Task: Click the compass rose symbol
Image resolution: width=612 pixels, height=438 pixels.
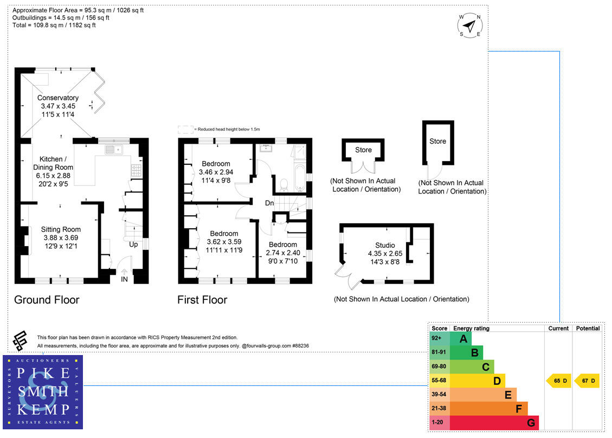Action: tap(470, 25)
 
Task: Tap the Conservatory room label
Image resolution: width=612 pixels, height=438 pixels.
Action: tap(57, 98)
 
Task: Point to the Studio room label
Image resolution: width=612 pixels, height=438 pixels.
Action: tap(385, 245)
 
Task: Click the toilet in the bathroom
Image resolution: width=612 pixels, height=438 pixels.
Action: tap(282, 184)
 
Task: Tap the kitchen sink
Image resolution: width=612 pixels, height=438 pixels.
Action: tap(115, 149)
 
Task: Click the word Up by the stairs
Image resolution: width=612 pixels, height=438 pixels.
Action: tap(133, 244)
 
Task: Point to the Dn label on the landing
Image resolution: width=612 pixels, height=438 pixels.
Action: tap(269, 203)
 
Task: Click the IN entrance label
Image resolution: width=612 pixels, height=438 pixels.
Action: tap(125, 280)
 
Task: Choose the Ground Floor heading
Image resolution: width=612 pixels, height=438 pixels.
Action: tap(47, 300)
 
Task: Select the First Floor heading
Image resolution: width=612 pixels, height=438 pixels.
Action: tap(202, 300)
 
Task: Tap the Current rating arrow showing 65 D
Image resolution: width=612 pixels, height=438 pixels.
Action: tap(558, 381)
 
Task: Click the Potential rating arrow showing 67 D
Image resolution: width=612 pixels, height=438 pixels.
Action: tap(587, 381)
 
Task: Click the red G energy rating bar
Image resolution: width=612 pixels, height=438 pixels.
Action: tap(493, 422)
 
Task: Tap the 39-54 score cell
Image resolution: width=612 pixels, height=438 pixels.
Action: tap(439, 395)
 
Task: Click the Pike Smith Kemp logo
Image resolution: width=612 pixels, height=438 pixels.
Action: tap(43, 392)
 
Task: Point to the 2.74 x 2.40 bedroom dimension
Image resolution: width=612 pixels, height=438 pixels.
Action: tap(282, 253)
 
